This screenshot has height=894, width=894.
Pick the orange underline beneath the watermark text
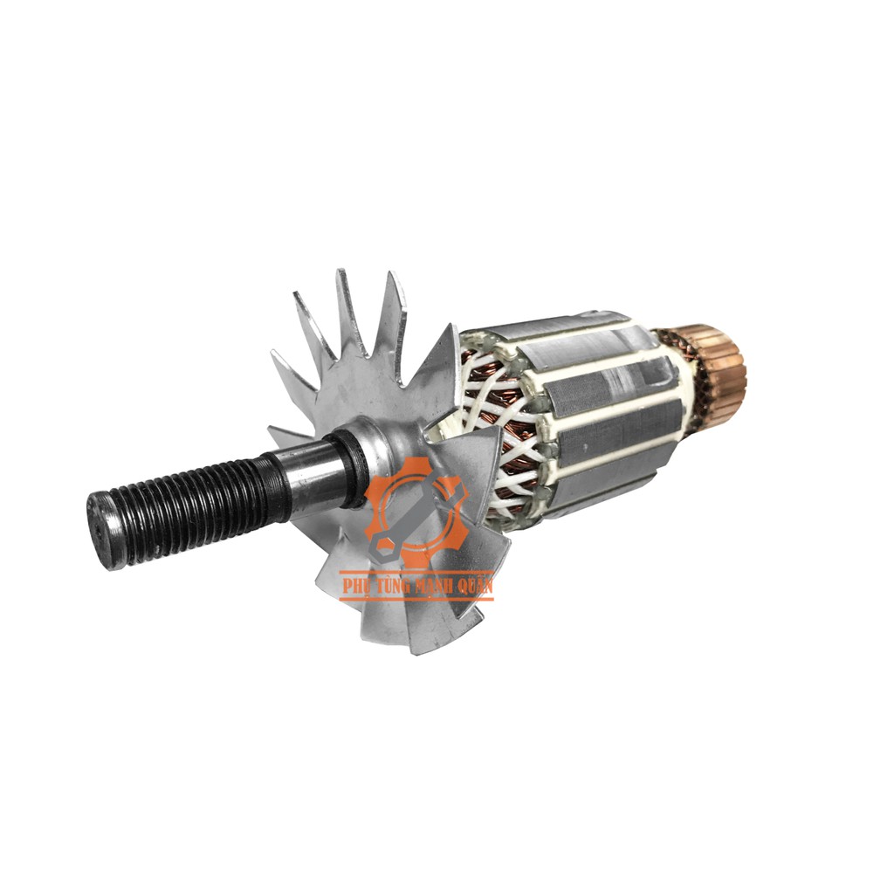[x=416, y=598]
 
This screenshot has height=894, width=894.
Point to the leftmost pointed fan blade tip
[x=273, y=354]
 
